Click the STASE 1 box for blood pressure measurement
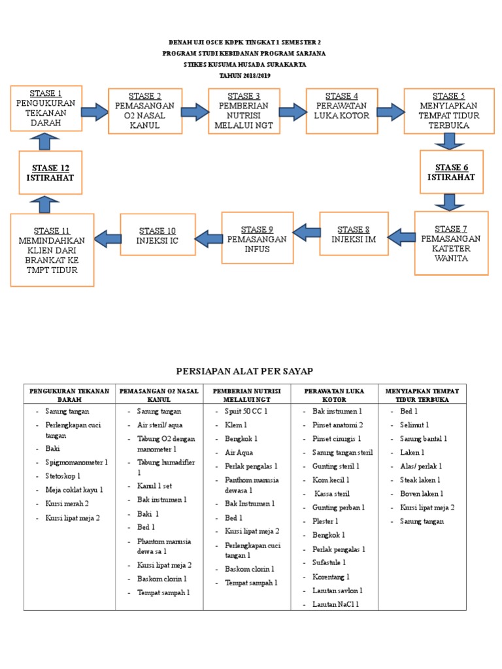(x=46, y=107)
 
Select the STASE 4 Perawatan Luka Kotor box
(x=342, y=110)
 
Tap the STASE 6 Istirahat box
(x=452, y=172)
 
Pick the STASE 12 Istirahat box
(x=50, y=172)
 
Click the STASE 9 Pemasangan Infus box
(x=256, y=238)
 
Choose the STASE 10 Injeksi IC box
(x=157, y=235)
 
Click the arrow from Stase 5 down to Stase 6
(x=450, y=140)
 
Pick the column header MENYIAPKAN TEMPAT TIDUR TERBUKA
(x=422, y=395)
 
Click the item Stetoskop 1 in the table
(x=68, y=476)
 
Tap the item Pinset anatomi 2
(x=338, y=425)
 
